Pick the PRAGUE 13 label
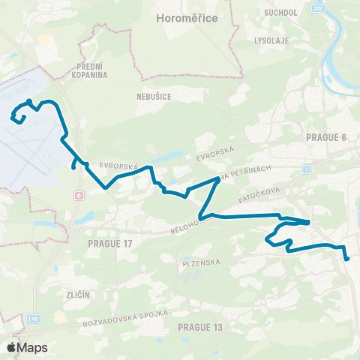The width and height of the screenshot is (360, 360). coord(201,327)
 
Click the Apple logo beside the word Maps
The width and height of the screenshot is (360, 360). coord(10,347)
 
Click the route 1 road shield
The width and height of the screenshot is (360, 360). coord(307,169)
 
